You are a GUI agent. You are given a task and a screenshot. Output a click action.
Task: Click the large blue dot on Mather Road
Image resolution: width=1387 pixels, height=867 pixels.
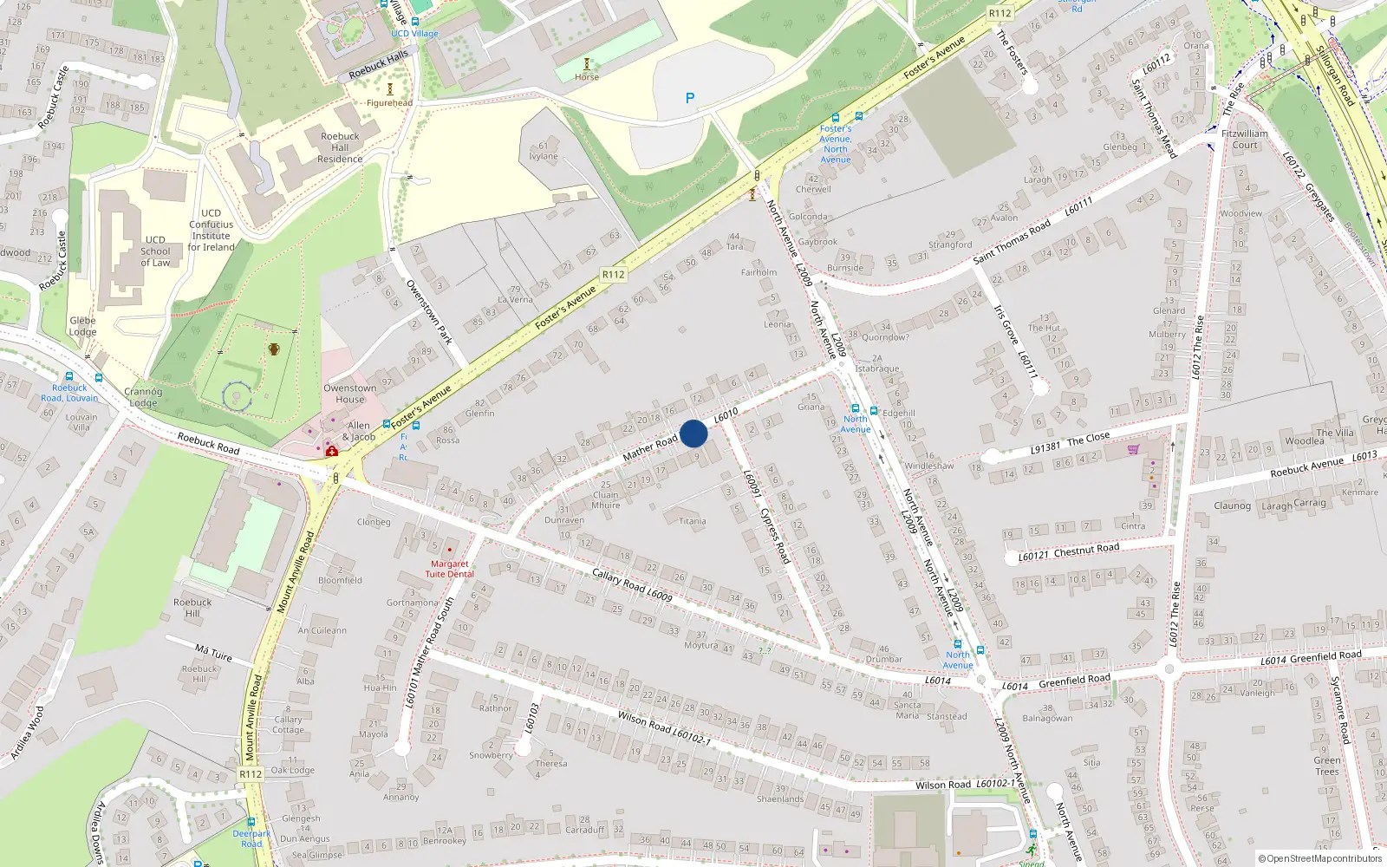pos(693,433)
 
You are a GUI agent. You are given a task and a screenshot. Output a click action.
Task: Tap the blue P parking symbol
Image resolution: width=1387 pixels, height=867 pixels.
pos(690,99)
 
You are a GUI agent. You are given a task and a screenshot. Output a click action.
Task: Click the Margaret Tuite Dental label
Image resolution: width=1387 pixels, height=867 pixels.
pos(450,569)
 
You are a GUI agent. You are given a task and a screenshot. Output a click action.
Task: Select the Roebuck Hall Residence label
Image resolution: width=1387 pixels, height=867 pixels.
pos(340,147)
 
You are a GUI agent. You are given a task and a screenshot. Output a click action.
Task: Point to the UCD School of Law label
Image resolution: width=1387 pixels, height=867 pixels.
pos(156,251)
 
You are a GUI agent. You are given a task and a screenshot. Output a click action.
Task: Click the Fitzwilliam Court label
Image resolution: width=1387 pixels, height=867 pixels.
pos(1244,140)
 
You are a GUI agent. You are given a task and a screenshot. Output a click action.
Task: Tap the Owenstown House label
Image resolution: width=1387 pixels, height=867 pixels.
pos(350,394)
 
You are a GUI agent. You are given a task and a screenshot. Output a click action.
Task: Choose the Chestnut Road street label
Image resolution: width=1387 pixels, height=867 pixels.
pos(1086,550)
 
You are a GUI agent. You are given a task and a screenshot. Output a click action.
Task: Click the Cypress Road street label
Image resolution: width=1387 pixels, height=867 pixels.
pos(776,535)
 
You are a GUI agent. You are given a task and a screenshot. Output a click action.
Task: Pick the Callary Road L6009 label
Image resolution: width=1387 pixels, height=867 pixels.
pos(632,585)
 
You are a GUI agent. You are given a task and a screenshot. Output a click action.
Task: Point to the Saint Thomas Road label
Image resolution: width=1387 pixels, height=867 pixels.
pos(1013,242)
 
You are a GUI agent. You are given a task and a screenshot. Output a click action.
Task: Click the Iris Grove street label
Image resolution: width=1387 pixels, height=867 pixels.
pos(1006,324)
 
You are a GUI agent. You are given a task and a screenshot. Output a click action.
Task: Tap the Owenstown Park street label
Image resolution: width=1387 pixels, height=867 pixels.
pos(429,311)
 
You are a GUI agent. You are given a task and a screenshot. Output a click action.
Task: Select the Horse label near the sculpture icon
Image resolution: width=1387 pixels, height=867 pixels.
pos(587,77)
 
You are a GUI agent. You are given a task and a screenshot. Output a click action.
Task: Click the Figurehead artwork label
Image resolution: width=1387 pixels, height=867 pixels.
pos(389,103)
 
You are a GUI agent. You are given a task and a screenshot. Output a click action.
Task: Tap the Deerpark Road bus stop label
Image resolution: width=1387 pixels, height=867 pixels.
pos(251,838)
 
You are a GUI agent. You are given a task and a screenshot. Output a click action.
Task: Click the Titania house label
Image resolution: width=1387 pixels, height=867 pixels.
pos(693,521)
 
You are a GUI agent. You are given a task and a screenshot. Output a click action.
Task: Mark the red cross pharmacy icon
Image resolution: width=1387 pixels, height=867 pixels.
pos(331,451)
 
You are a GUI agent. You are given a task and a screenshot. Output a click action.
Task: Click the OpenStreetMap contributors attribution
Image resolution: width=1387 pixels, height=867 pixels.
pos(1320,858)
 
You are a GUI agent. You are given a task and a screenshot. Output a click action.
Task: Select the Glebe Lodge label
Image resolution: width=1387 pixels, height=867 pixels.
pos(83,326)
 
